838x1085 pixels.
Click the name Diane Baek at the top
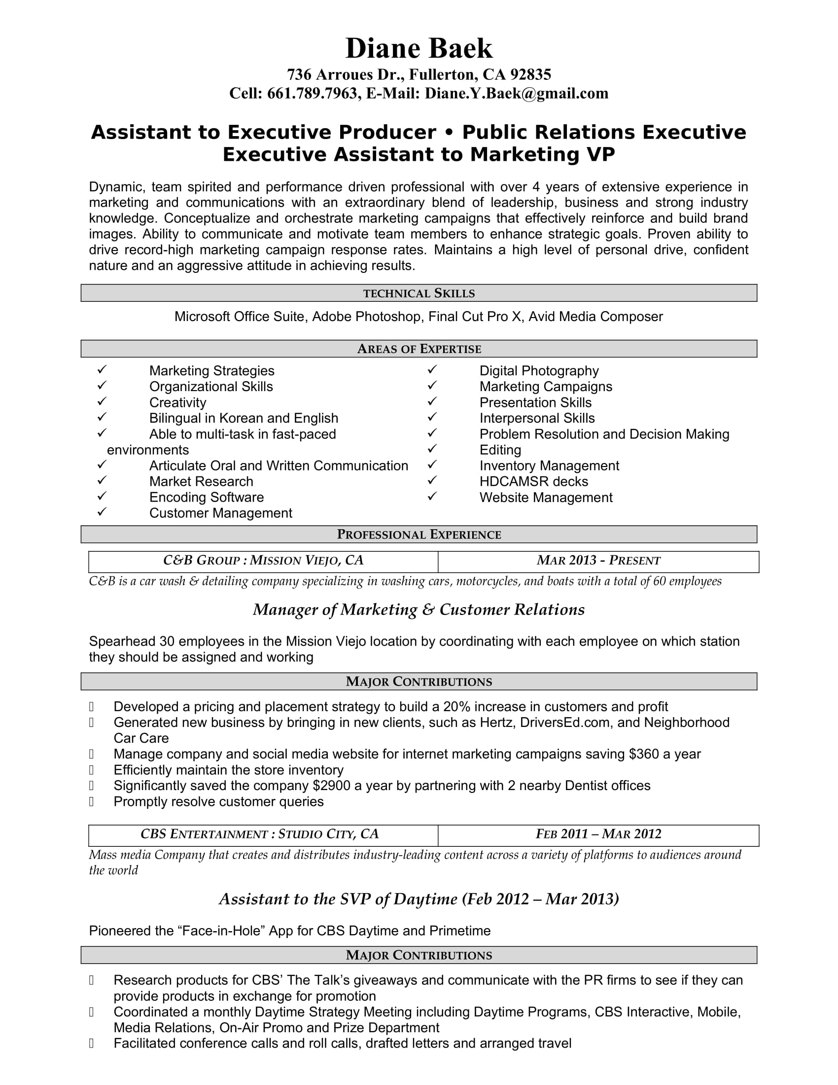pos(419,49)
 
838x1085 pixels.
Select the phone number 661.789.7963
pos(312,93)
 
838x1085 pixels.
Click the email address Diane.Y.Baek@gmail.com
pos(516,93)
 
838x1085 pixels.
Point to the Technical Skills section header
pos(419,293)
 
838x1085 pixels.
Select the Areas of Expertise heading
pos(419,349)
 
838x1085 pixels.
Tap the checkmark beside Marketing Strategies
pos(102,369)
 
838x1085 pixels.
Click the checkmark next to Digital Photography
pos(432,369)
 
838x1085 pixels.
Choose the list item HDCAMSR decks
pos(534,481)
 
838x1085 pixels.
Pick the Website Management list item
pos(546,497)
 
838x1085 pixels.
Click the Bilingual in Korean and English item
pos(243,418)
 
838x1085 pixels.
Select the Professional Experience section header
pos(419,535)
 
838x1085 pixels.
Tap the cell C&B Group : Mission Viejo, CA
pos(263,561)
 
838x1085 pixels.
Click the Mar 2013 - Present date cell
pos(598,561)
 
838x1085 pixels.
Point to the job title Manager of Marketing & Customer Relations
pos(419,610)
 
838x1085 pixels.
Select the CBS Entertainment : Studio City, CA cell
pos(260,834)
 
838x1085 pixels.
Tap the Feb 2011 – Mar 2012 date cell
pos(598,834)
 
